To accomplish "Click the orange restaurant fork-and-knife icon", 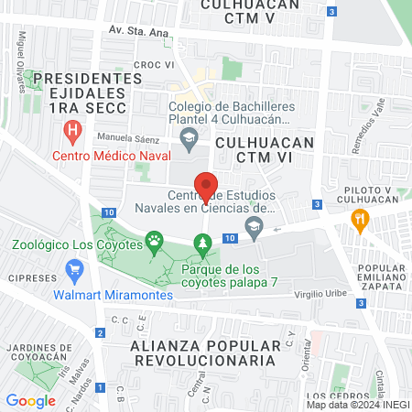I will coord(360,219).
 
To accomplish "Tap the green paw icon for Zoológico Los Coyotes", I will coord(155,243).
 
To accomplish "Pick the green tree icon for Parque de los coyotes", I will coord(203,243).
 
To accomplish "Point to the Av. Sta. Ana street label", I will coord(138,30).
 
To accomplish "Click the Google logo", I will coord(30,400).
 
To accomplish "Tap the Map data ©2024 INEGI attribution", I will coord(357,405).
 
